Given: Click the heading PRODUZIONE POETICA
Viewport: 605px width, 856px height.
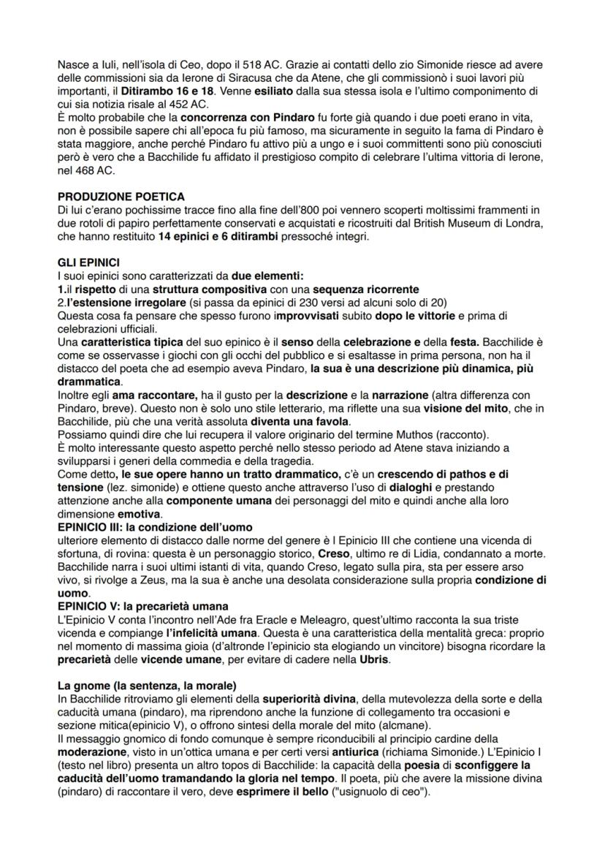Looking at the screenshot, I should pos(121,197).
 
